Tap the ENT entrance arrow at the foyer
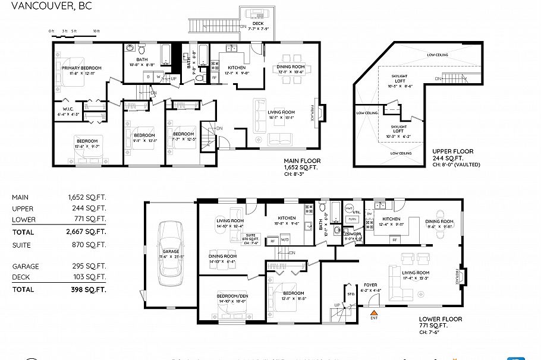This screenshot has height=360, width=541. tap(374, 312)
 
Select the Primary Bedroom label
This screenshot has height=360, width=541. tap(81, 68)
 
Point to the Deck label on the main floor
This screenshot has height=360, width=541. tap(258, 24)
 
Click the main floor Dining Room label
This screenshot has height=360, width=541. tap(290, 67)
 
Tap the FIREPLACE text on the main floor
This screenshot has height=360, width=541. tap(313, 113)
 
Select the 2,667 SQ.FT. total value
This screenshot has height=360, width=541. tap(87, 232)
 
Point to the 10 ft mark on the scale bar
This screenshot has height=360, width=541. tap(96, 30)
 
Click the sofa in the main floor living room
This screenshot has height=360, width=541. tap(260, 115)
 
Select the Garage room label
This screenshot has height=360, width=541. tap(171, 251)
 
